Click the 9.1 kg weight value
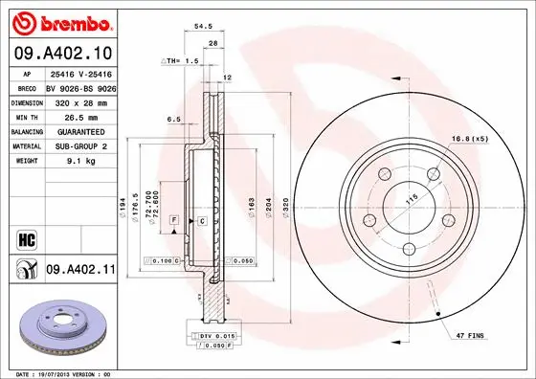(x=79, y=161)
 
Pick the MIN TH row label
(x=26, y=115)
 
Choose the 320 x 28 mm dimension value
(x=79, y=100)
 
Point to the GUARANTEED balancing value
(x=79, y=130)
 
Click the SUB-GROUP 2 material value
(x=79, y=145)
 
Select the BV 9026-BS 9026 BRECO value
(x=80, y=86)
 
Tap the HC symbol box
(x=27, y=235)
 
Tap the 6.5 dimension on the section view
(x=173, y=119)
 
